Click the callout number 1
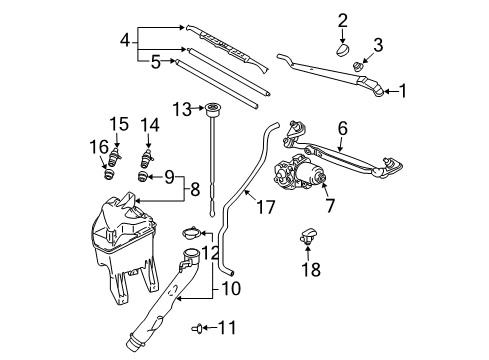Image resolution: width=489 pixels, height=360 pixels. [404, 91]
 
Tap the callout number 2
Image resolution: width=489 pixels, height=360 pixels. [343, 19]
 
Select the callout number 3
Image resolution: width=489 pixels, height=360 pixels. [378, 42]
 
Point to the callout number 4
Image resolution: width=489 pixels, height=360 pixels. [124, 41]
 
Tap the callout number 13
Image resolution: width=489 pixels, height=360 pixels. [181, 107]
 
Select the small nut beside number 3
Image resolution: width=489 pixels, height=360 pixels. [359, 66]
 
